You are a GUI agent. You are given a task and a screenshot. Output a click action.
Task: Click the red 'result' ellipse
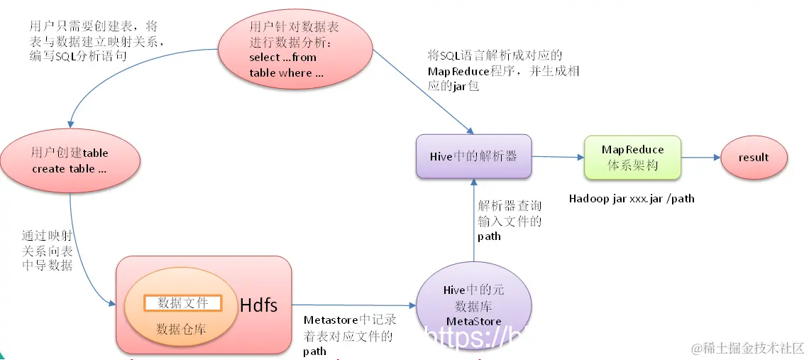(x=754, y=158)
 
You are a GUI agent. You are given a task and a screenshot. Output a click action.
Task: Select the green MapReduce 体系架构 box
(x=632, y=158)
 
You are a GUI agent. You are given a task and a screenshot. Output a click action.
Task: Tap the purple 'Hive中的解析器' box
(x=473, y=156)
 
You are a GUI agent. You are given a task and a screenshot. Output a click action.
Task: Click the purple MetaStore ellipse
(x=473, y=306)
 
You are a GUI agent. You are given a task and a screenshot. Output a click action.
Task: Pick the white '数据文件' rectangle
(x=183, y=303)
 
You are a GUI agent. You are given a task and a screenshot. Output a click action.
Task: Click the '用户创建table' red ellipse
(x=70, y=161)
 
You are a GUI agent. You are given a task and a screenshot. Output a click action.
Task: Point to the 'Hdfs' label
(x=258, y=305)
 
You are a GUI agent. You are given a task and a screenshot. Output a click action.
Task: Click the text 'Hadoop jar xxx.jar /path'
(x=632, y=199)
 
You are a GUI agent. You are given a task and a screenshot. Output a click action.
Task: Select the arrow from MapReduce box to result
(x=700, y=158)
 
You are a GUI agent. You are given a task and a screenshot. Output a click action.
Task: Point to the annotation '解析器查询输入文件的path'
(x=510, y=221)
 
